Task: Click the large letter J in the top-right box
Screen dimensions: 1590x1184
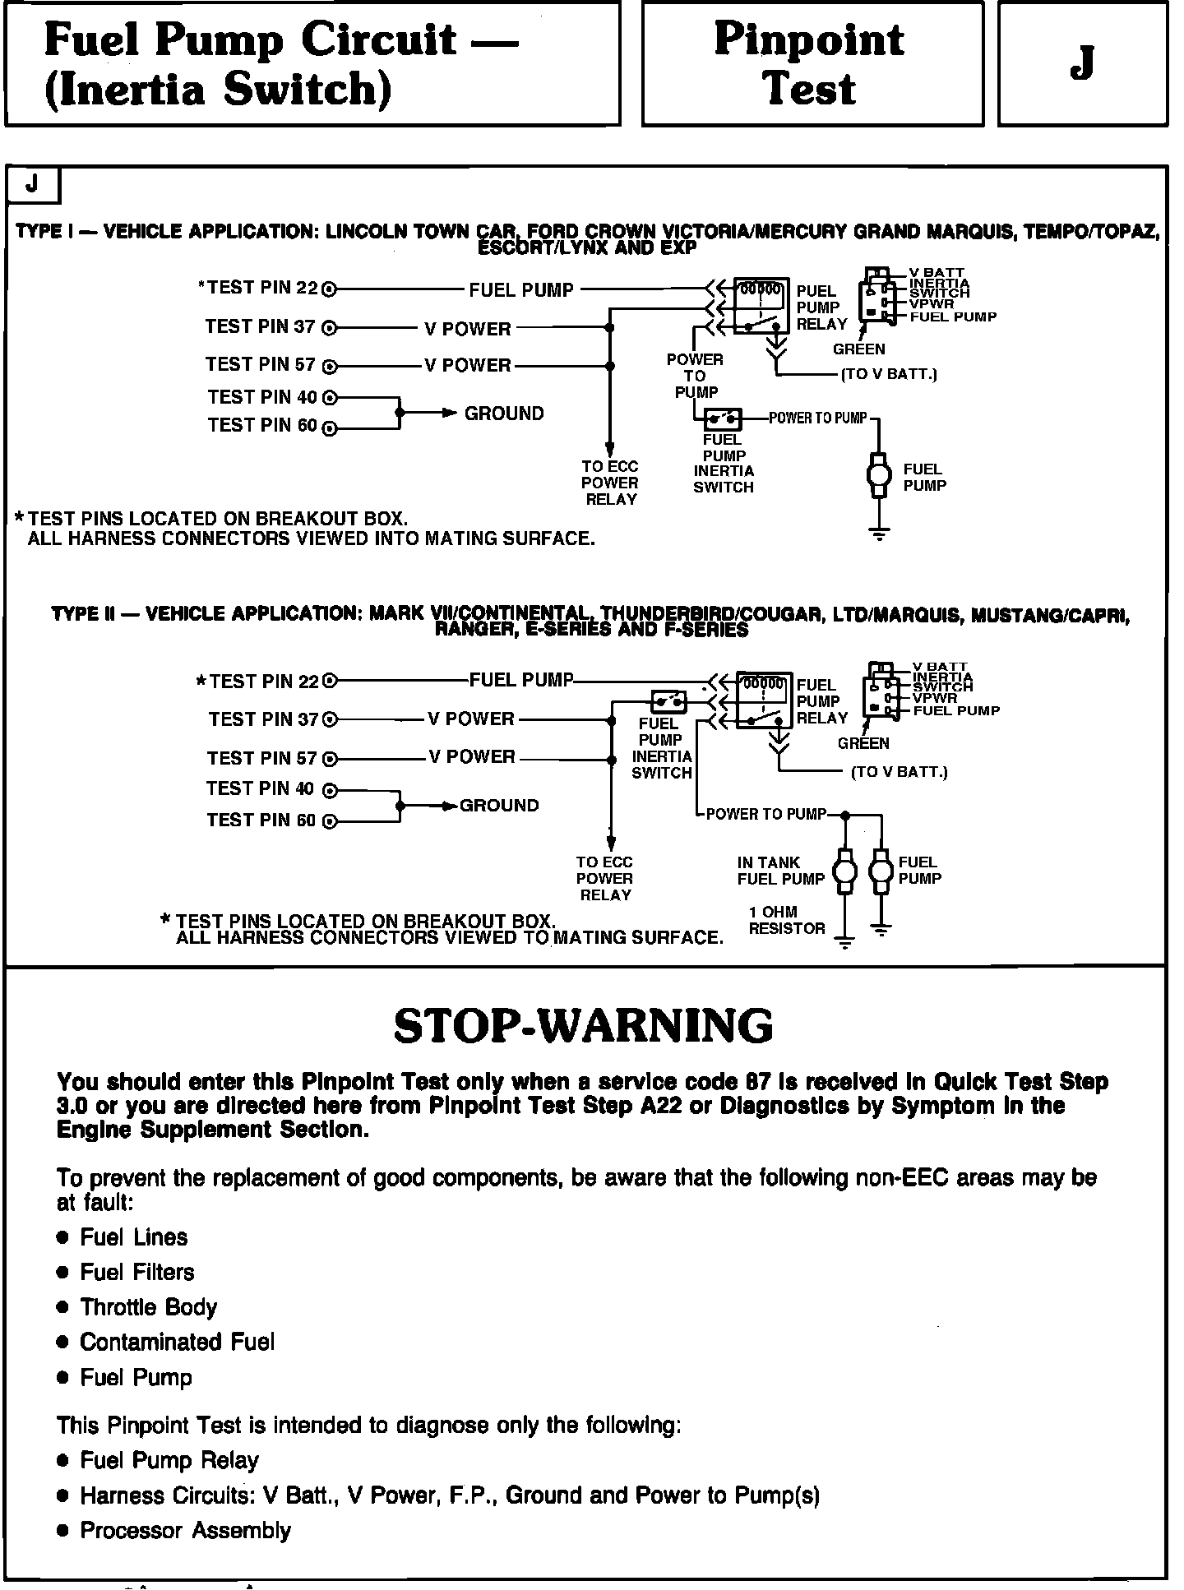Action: click(x=1082, y=63)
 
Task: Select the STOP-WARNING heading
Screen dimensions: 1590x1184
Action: click(x=583, y=1025)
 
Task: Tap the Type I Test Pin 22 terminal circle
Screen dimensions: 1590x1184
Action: click(x=329, y=289)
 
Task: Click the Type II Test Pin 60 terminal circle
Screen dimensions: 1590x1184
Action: click(x=330, y=821)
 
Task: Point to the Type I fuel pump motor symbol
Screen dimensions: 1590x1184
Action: click(x=879, y=474)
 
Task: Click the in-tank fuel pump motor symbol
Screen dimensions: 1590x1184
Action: click(x=844, y=871)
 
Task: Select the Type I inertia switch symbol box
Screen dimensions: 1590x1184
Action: click(x=723, y=419)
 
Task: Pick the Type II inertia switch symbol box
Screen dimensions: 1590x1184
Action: click(x=668, y=701)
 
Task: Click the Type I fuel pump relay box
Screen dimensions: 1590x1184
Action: click(x=761, y=306)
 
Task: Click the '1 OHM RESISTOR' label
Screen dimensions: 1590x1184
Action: click(x=786, y=920)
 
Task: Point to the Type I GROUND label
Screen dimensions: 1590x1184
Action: click(x=504, y=414)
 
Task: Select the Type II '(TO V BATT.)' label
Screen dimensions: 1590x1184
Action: click(x=899, y=772)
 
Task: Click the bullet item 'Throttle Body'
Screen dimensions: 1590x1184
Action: click(x=148, y=1307)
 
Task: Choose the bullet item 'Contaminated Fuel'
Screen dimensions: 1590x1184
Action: click(x=177, y=1342)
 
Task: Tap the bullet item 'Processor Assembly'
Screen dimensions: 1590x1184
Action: click(x=185, y=1530)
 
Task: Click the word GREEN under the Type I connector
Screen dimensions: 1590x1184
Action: click(x=858, y=349)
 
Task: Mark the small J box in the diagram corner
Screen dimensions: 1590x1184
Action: click(x=33, y=185)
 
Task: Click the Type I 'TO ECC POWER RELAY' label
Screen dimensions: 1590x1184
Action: click(x=610, y=483)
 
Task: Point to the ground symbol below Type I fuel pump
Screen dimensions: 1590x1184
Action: click(x=879, y=534)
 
